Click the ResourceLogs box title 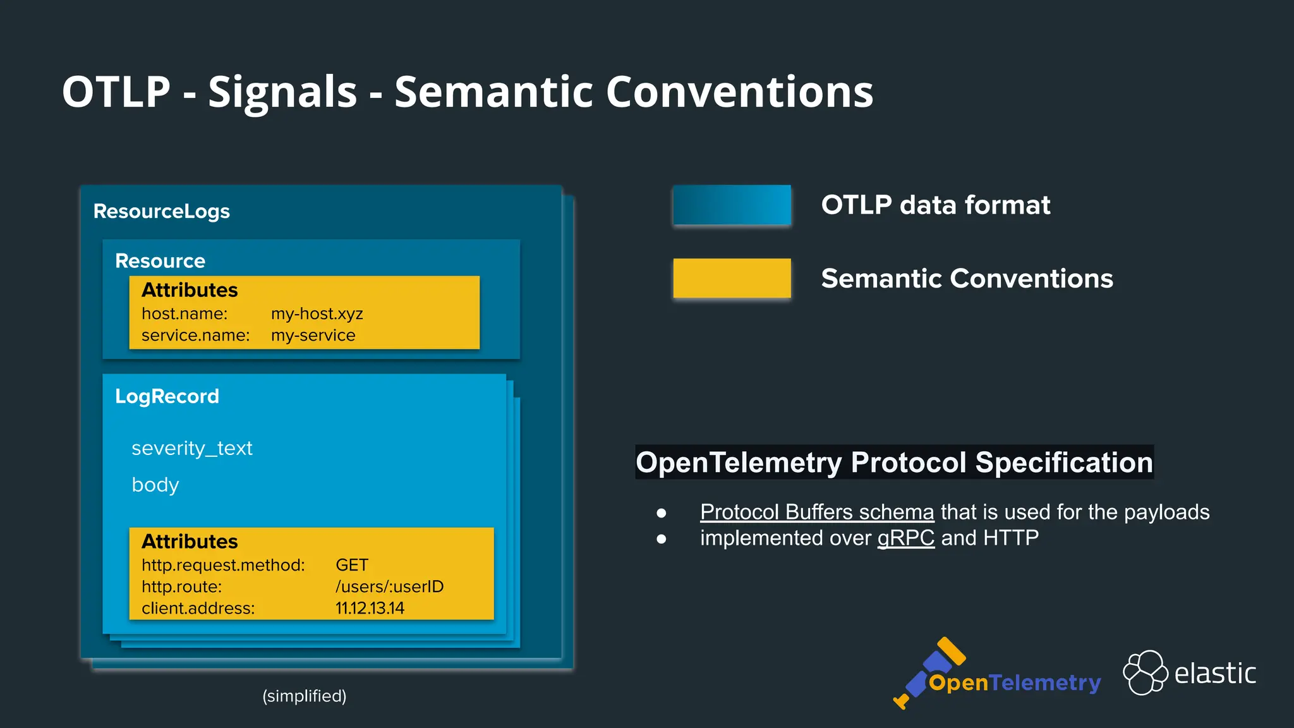point(161,211)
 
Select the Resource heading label point(160,261)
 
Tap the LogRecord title point(167,396)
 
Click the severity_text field point(191,448)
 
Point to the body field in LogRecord point(155,485)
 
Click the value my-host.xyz point(317,314)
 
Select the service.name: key point(195,336)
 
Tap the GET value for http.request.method point(351,565)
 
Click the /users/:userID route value point(389,586)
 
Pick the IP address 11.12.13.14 point(370,608)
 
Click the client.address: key point(198,608)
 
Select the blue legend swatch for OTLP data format point(732,205)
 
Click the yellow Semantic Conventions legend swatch point(732,278)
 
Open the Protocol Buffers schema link point(816,512)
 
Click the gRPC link point(905,538)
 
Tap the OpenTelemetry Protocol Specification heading point(894,462)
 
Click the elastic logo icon point(1145,672)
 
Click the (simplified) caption point(304,696)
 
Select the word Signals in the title point(282,92)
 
